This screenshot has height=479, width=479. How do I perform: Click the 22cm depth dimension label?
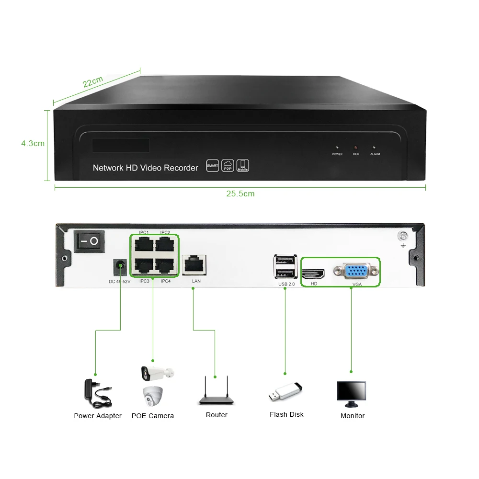pos(92,82)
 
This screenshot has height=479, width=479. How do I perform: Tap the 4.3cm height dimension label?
pos(33,143)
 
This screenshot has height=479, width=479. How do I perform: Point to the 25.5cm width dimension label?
pos(240,194)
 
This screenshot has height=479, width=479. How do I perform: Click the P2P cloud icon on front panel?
pos(228,165)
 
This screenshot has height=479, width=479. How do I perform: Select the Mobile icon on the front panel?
pos(243,165)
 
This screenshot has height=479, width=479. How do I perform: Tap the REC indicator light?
pos(355,147)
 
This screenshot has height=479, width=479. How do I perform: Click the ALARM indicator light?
pos(375,147)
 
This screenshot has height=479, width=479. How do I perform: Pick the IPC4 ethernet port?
pos(165,266)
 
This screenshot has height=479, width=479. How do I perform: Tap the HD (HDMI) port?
pos(313,274)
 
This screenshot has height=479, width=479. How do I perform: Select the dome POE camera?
pos(153,397)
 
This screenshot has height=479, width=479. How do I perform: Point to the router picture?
pos(217,393)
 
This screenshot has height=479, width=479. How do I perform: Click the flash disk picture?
pos(286,392)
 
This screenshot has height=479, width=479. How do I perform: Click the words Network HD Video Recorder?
pos(145,168)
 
